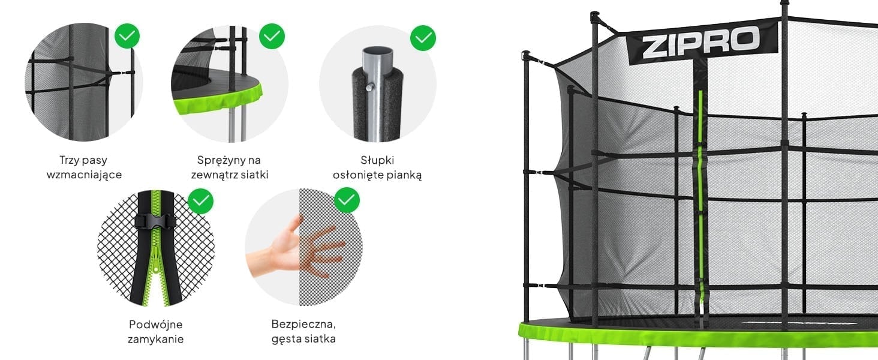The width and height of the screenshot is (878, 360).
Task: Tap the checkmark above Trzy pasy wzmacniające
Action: [x=127, y=36]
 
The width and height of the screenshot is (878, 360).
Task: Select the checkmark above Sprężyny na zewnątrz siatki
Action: [x=272, y=36]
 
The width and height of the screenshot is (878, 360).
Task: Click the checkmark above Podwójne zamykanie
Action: [x=200, y=201]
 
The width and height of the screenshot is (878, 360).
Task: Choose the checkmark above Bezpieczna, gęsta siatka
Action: [x=347, y=200]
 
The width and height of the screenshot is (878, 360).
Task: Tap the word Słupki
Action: [x=378, y=160]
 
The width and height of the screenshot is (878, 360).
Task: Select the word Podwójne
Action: [x=155, y=325]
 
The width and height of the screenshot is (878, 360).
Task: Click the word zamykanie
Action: [x=155, y=339]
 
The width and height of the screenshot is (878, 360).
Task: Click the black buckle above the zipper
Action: [x=155, y=221]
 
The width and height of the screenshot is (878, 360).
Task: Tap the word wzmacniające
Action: [x=84, y=175]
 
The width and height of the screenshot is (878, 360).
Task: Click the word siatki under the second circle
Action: [x=254, y=175]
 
